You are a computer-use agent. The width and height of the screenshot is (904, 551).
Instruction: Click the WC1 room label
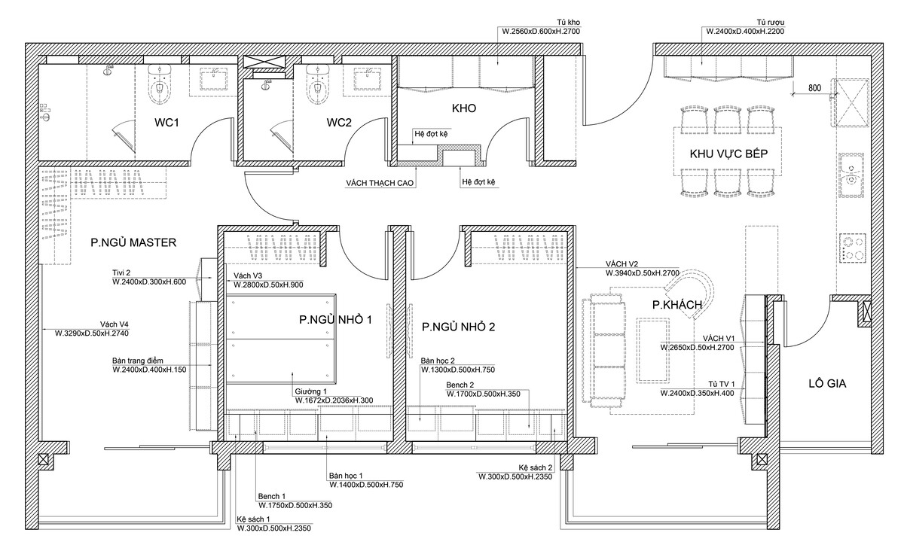166,123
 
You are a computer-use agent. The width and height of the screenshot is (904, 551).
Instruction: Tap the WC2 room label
339,123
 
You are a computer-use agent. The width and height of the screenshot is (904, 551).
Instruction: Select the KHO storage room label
464,108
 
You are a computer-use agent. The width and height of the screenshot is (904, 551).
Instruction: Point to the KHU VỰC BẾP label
728,154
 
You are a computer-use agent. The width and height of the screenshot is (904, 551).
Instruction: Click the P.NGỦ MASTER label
133,242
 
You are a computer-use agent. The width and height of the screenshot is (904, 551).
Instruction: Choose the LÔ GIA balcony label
827,384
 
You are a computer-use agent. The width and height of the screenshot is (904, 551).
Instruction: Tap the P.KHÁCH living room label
677,305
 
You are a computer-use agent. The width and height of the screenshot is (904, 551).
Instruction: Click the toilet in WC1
160,84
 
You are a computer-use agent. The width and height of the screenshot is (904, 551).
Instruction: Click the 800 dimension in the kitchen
815,88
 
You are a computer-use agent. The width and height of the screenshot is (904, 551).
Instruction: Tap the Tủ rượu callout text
771,22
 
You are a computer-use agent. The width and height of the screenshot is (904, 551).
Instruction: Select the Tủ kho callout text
568,22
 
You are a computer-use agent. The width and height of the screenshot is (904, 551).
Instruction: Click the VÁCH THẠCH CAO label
380,183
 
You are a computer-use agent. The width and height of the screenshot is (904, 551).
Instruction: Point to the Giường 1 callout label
310,391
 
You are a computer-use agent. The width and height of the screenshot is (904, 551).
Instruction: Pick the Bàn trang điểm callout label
138,361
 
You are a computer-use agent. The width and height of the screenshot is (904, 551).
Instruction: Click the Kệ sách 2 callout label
535,468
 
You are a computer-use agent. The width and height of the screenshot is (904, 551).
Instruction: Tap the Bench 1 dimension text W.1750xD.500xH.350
295,505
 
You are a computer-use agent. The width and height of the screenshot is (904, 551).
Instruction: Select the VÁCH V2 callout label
621,264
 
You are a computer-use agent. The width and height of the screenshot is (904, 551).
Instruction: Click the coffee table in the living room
652,350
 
